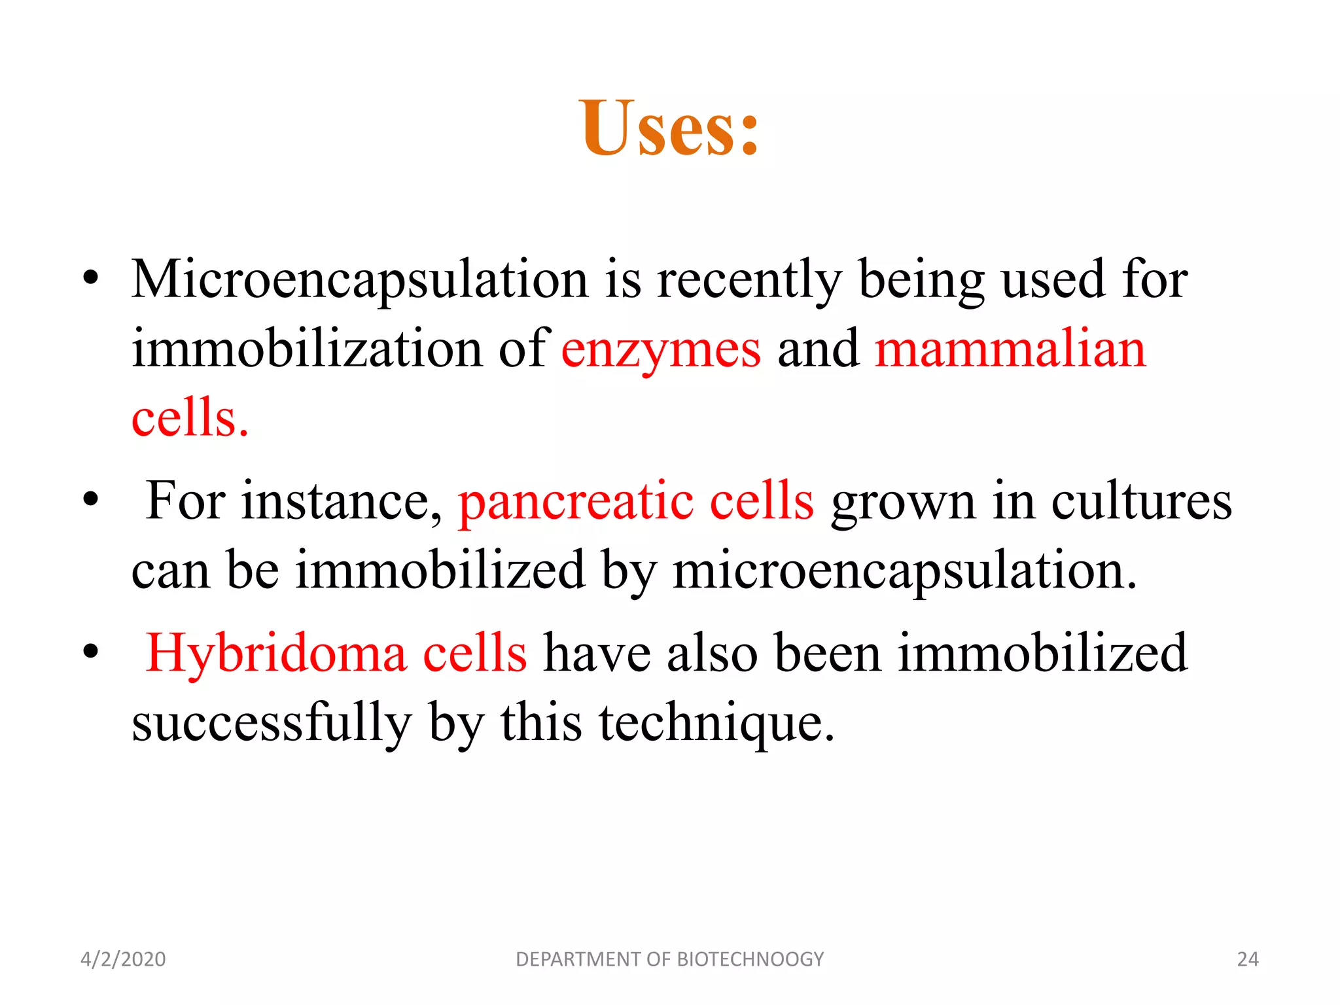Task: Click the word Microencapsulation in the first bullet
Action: pyautogui.click(x=359, y=280)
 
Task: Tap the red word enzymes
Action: pyautogui.click(x=661, y=350)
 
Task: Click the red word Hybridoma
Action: pyautogui.click(x=275, y=653)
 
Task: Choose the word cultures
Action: pyautogui.click(x=1141, y=501)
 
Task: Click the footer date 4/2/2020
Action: pyautogui.click(x=123, y=959)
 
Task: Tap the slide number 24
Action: pyautogui.click(x=1248, y=959)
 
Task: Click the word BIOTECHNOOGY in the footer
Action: pyautogui.click(x=750, y=959)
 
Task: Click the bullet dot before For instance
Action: pyautogui.click(x=91, y=501)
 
